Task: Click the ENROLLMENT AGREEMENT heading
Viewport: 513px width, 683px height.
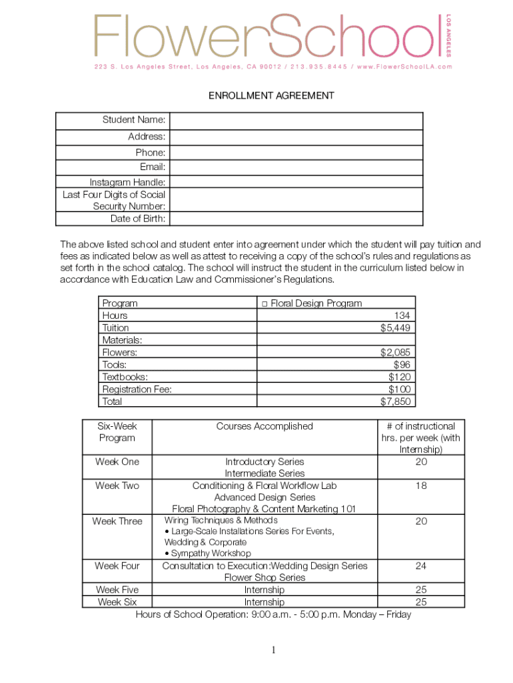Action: pyautogui.click(x=271, y=96)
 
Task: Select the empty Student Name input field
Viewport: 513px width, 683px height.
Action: pyautogui.click(x=296, y=121)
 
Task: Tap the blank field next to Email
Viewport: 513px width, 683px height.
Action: pyautogui.click(x=296, y=167)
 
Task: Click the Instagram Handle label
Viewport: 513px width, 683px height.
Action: pyautogui.click(x=128, y=182)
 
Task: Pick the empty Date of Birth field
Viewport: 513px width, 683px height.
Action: pyautogui.click(x=296, y=219)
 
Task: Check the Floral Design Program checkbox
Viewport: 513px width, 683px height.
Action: pyautogui.click(x=264, y=303)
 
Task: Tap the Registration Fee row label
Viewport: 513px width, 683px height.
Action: pyautogui.click(x=137, y=389)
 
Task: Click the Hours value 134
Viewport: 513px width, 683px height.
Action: pyautogui.click(x=402, y=315)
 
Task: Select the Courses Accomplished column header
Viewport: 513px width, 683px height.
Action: pyautogui.click(x=264, y=426)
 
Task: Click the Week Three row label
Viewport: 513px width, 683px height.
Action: pyautogui.click(x=117, y=521)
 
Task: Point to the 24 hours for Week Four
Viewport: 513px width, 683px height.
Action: pyautogui.click(x=421, y=566)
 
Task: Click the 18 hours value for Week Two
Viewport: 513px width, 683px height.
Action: pyautogui.click(x=421, y=486)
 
